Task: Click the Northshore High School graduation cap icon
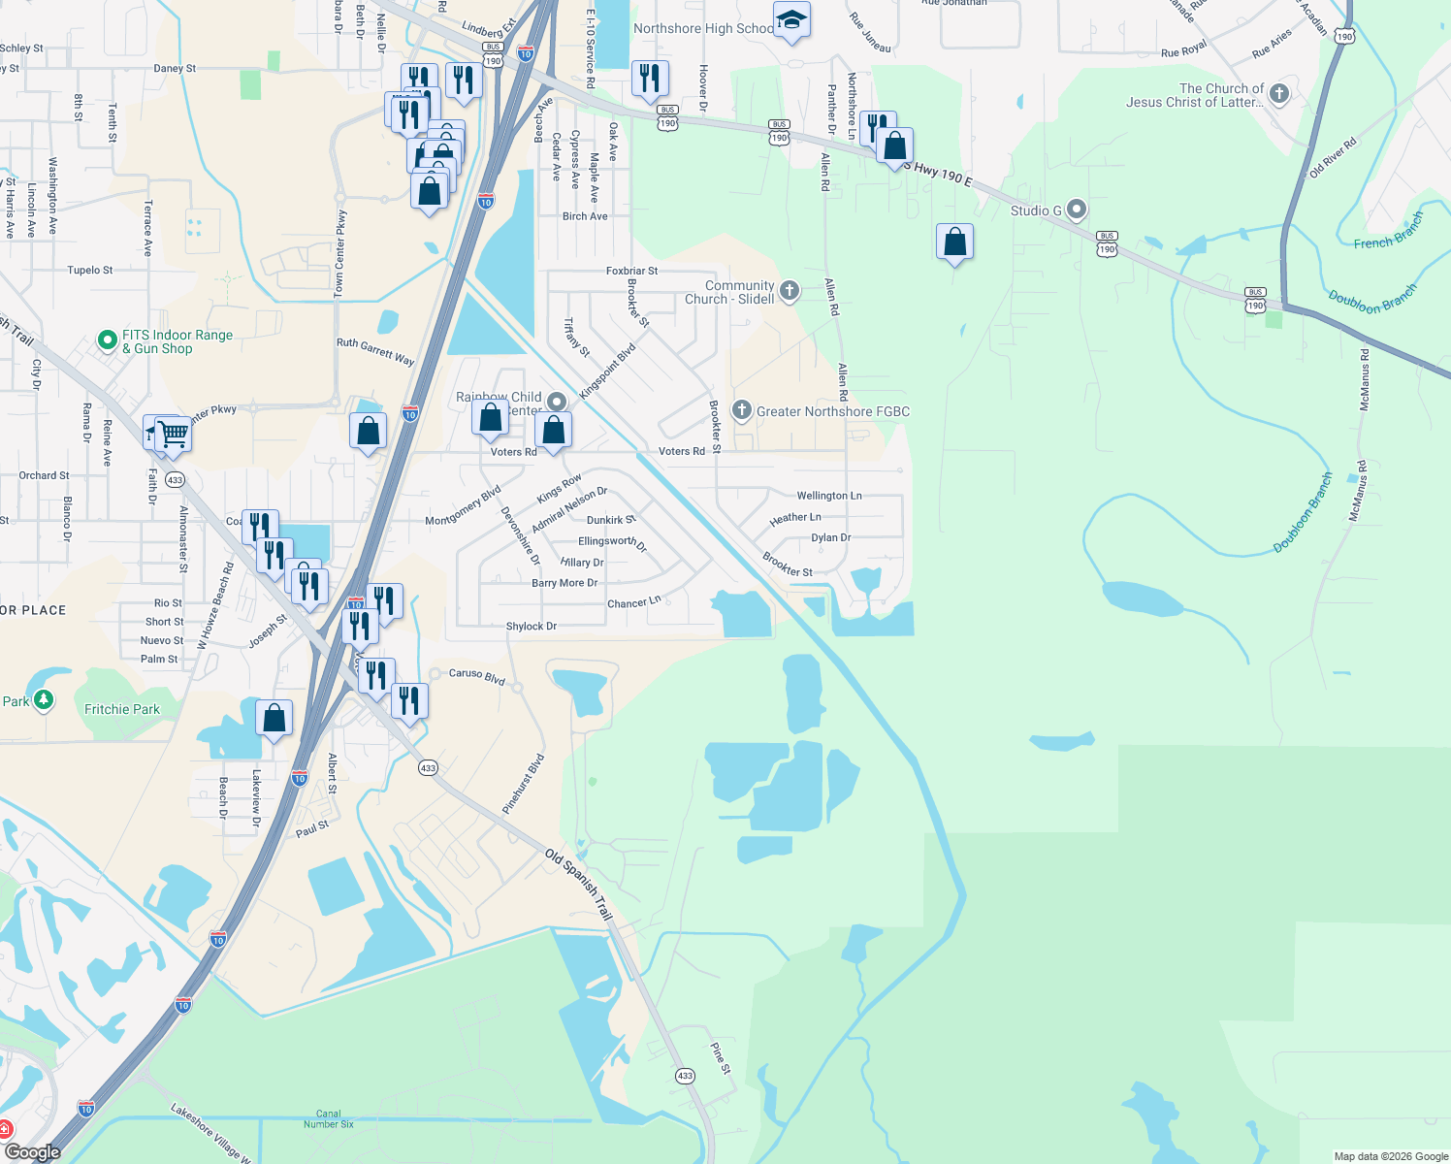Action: point(791,19)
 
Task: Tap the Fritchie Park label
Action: point(122,709)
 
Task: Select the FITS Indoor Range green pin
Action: point(108,340)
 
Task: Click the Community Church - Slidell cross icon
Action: point(790,290)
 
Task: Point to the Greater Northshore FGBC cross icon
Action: point(742,410)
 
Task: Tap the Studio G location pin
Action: point(1077,209)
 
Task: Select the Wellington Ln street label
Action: point(828,496)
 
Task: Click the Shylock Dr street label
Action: point(532,627)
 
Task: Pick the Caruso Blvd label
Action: point(477,676)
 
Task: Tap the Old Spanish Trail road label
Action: point(579,884)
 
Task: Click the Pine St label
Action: point(720,1057)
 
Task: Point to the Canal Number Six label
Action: point(329,1118)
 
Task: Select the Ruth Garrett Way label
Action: point(375,350)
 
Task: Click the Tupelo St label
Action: point(90,271)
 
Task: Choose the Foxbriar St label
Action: point(631,272)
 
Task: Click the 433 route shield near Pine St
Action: point(685,1076)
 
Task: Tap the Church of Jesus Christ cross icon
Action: point(1279,94)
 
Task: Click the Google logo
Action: point(32,1152)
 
